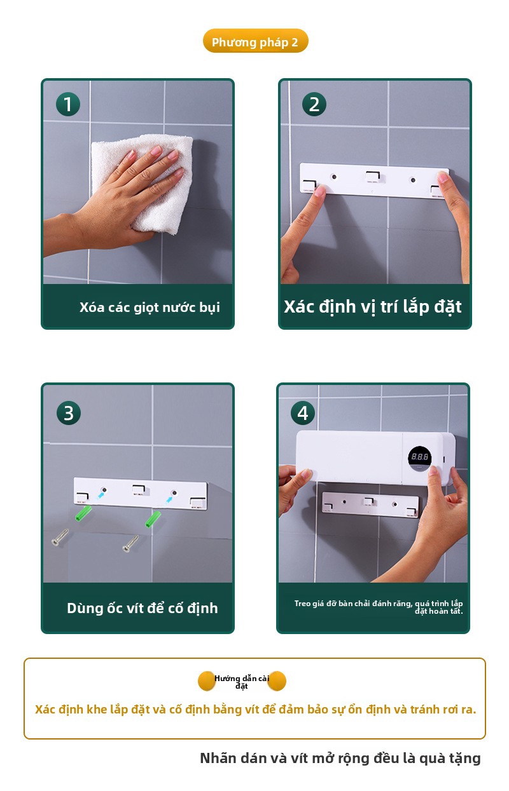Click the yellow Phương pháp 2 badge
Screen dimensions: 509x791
(x=255, y=41)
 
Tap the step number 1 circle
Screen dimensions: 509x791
(x=67, y=104)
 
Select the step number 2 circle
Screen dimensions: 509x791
(x=314, y=104)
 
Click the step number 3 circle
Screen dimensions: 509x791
(x=68, y=413)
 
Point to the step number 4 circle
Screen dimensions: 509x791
(x=302, y=413)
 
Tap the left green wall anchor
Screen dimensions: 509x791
(x=83, y=513)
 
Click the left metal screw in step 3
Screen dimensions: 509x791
(x=60, y=537)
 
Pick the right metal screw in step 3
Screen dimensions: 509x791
(x=130, y=543)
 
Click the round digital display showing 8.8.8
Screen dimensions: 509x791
(x=419, y=458)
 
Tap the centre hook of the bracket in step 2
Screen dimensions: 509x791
(x=373, y=176)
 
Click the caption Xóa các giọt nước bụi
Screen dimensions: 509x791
(x=150, y=308)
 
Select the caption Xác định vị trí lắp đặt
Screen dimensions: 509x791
(x=372, y=306)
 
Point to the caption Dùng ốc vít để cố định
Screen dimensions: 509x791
(x=142, y=608)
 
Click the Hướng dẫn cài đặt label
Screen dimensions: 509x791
(x=242, y=682)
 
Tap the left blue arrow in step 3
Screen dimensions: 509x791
(x=101, y=496)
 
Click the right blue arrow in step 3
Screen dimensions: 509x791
(x=169, y=499)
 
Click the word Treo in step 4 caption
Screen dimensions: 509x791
(x=302, y=603)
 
